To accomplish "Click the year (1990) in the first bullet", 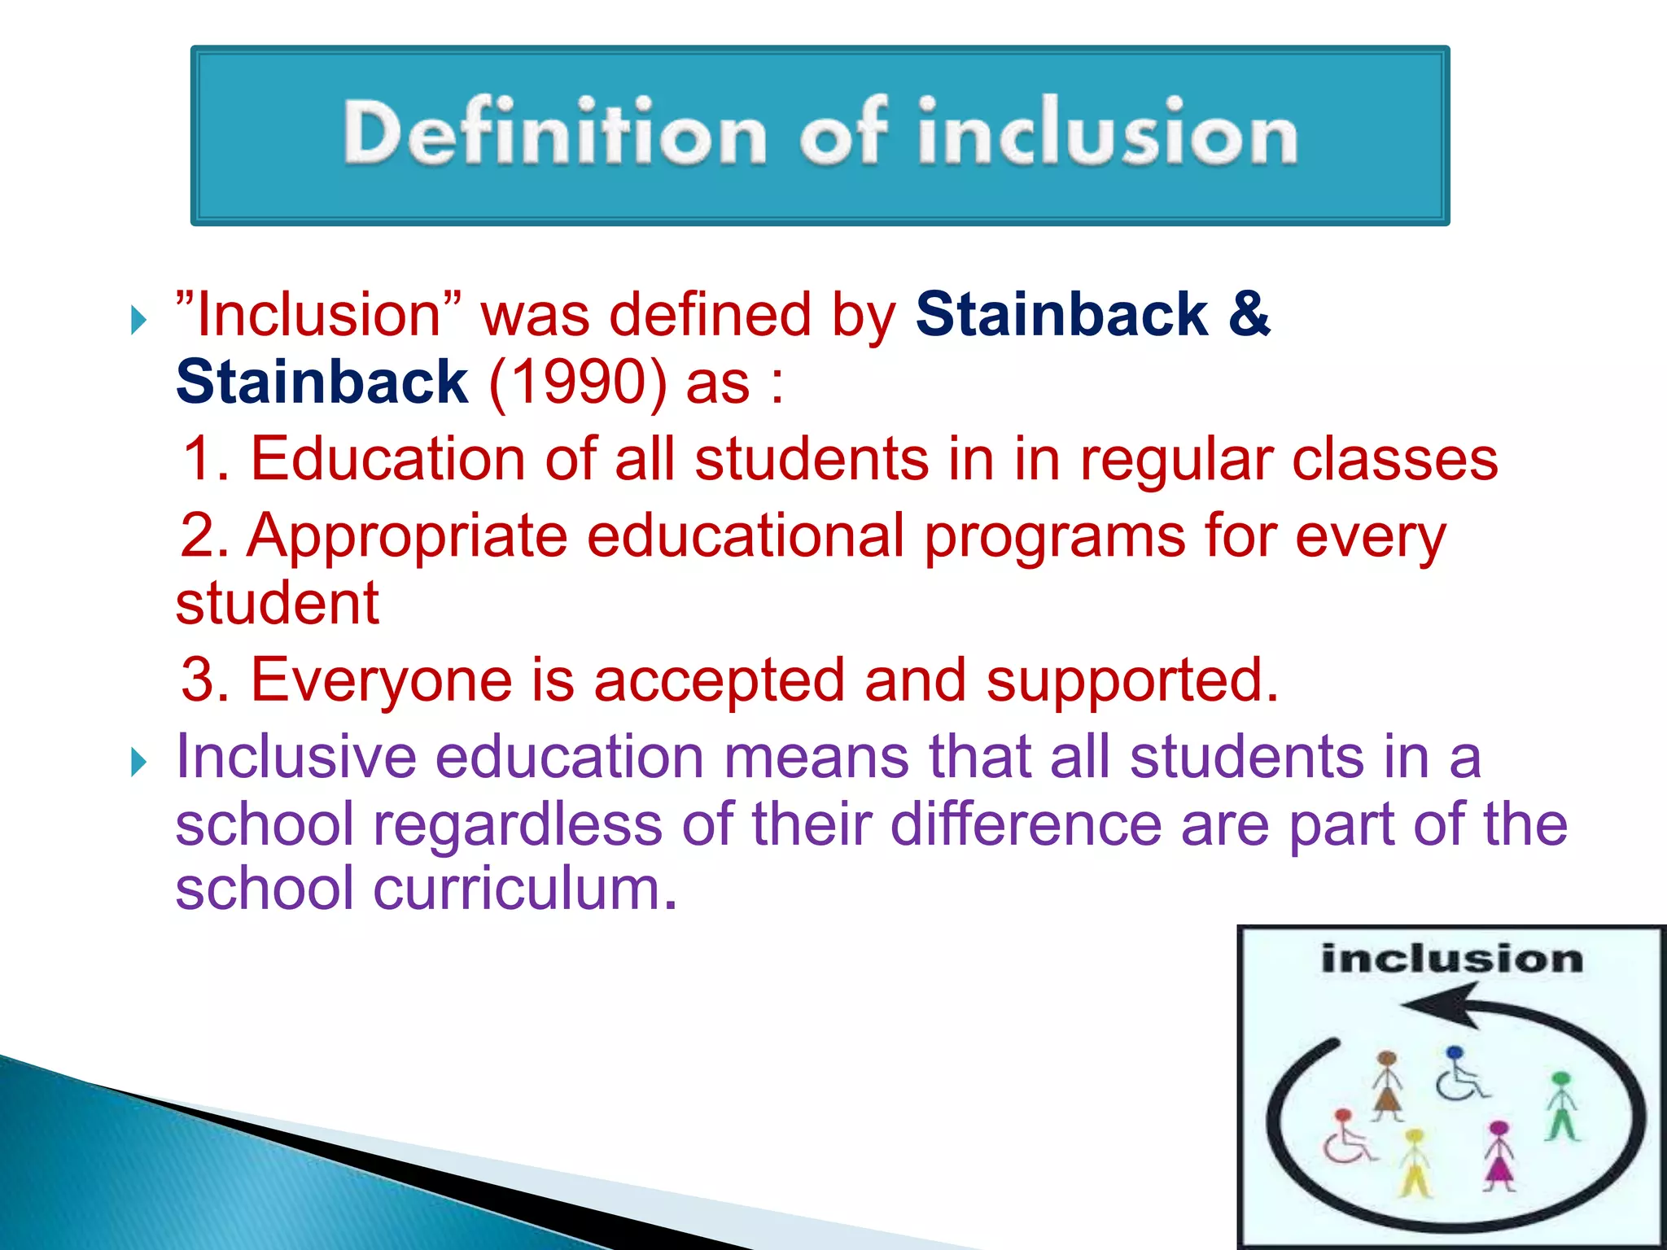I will coord(578,382).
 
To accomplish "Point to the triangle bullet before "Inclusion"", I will coord(139,321).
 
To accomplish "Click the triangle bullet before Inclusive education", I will coord(139,763).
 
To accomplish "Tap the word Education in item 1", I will coord(387,459).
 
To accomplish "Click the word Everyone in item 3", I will coord(380,680).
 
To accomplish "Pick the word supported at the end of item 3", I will coord(1131,680).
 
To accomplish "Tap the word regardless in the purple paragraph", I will coord(518,824).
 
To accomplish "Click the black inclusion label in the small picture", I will coord(1451,959).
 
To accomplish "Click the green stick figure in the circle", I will coord(1561,1107).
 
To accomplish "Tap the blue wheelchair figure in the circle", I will coord(1459,1074).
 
